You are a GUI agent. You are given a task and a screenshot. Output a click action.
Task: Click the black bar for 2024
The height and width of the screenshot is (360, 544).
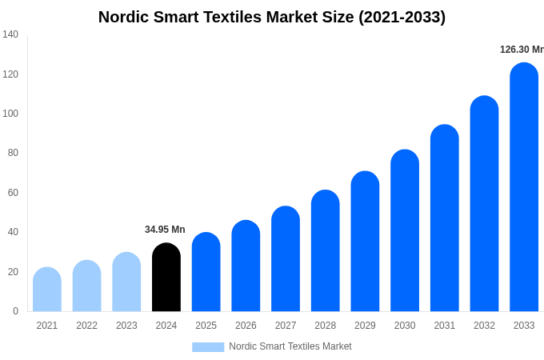(x=166, y=278)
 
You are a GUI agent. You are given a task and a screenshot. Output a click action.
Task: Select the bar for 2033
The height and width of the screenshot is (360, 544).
(x=524, y=188)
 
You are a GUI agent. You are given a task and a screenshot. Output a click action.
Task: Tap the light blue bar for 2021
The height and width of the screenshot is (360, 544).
(x=47, y=290)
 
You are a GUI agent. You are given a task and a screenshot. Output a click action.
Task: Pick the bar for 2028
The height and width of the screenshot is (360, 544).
(x=326, y=251)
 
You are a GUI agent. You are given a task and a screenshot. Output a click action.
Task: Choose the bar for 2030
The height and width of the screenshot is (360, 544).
(x=405, y=231)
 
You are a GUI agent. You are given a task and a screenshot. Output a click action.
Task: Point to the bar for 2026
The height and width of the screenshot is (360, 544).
(x=246, y=266)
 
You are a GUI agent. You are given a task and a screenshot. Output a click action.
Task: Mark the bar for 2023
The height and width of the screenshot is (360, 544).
(x=126, y=282)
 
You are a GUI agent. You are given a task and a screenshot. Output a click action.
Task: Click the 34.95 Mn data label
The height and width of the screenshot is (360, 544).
(x=165, y=230)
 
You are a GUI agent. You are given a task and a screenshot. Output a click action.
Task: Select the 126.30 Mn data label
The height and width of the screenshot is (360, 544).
(x=522, y=50)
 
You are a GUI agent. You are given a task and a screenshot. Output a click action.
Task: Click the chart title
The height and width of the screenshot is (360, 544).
(x=272, y=17)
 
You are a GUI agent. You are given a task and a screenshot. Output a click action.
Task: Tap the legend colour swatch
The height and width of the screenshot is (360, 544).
(x=208, y=346)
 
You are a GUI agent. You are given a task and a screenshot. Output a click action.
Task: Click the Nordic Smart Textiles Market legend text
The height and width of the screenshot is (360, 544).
(x=290, y=346)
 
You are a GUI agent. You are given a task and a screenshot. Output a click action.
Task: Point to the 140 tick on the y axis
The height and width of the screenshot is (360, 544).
(x=10, y=34)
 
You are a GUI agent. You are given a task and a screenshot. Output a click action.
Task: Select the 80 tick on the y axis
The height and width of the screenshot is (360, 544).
(x=13, y=153)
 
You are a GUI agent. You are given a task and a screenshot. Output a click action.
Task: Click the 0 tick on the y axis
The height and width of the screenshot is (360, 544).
(x=15, y=311)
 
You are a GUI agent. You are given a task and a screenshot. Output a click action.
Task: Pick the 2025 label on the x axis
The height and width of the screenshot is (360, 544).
(x=206, y=326)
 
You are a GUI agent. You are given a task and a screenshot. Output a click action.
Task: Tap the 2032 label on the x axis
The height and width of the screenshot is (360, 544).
(x=484, y=326)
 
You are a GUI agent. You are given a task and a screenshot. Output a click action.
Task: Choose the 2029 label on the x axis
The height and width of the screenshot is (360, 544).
(x=365, y=326)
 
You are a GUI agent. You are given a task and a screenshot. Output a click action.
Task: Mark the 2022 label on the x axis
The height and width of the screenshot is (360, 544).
(x=86, y=326)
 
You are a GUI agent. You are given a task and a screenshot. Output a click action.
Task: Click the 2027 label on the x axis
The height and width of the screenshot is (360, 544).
(x=286, y=326)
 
